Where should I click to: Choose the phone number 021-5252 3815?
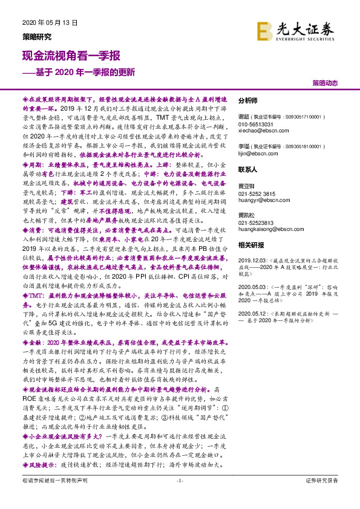coord(259,193)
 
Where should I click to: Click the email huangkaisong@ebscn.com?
coord(269,228)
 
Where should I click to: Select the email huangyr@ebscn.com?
coord(260,200)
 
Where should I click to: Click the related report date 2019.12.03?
coord(252,258)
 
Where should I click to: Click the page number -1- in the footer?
coord(179,497)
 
